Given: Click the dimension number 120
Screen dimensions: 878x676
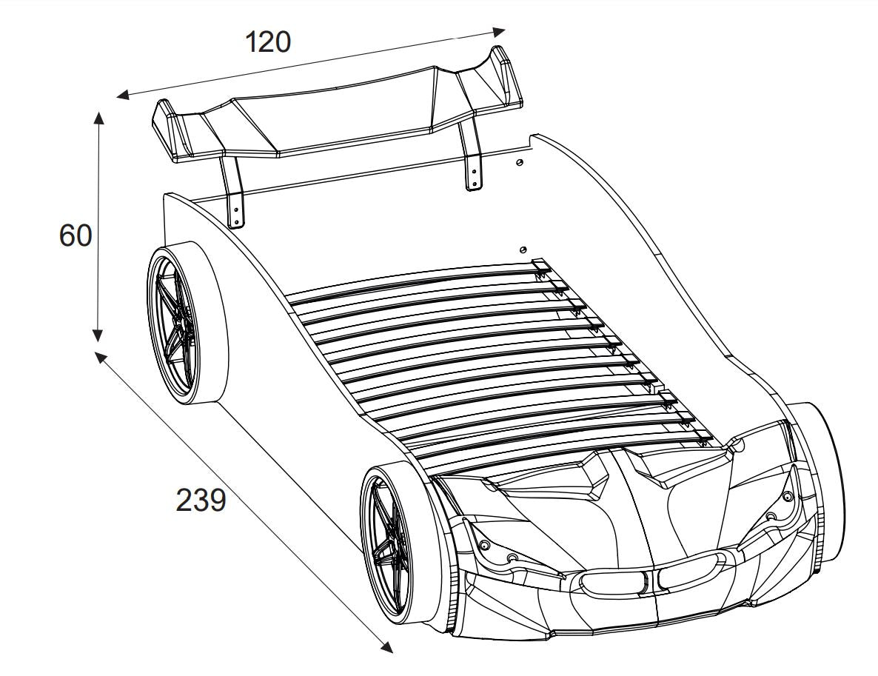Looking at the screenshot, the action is [x=268, y=42].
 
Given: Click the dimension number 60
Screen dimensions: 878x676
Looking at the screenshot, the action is [x=75, y=235].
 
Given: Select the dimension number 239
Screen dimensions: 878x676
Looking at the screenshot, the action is [x=201, y=500].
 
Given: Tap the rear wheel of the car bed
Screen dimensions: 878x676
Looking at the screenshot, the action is [x=187, y=322].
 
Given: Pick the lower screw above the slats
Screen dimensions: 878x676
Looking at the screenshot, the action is [x=523, y=250].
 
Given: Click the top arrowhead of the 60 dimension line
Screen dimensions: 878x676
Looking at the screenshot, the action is [x=99, y=118].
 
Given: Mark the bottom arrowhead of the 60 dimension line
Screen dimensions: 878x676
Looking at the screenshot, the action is [x=98, y=335].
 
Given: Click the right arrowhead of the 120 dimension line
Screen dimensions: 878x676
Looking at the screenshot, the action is [x=498, y=31].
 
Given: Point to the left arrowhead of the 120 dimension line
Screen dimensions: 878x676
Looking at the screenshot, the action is [x=123, y=95].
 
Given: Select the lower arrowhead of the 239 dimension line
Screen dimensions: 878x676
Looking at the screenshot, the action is [x=386, y=646].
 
